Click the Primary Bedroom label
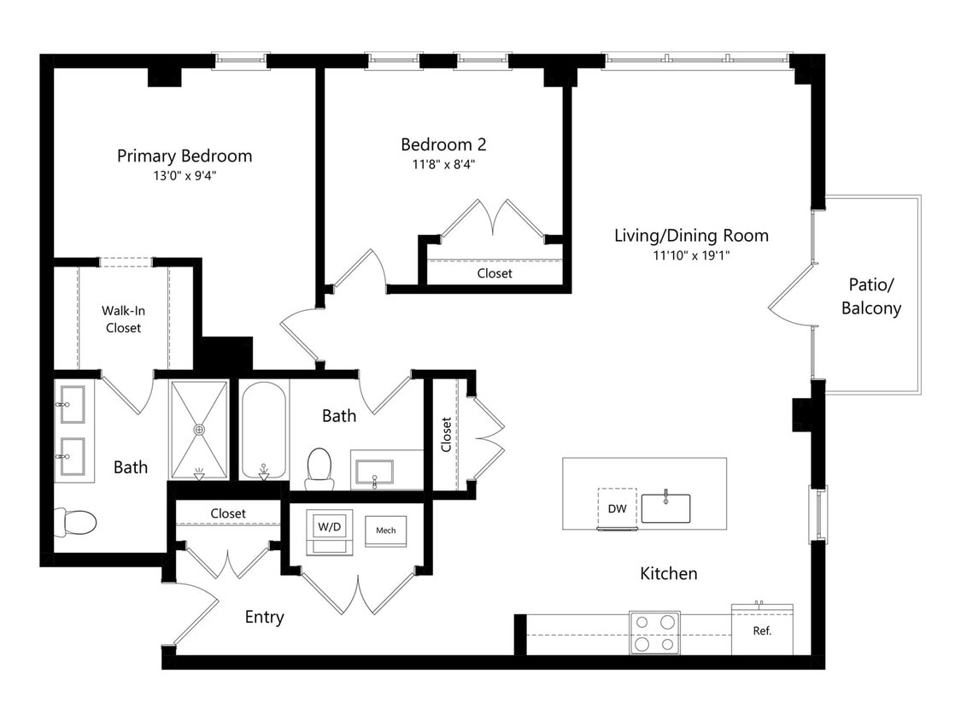coord(185,155)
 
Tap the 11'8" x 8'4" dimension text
coord(443,164)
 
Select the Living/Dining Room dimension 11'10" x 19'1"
coord(691,255)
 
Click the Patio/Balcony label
coord(871,296)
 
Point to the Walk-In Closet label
coord(123,319)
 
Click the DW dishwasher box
coord(617,508)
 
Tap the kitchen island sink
coord(665,507)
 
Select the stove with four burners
coord(654,633)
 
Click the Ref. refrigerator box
coord(762,630)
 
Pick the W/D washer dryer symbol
coord(330,531)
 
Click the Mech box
coord(385,530)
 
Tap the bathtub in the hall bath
coord(264,431)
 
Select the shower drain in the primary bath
coord(199,430)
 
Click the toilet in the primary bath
coord(75,522)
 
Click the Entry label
coord(264,617)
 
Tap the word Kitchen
coord(669,573)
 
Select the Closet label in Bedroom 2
coord(495,273)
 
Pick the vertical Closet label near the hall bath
coord(446,435)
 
